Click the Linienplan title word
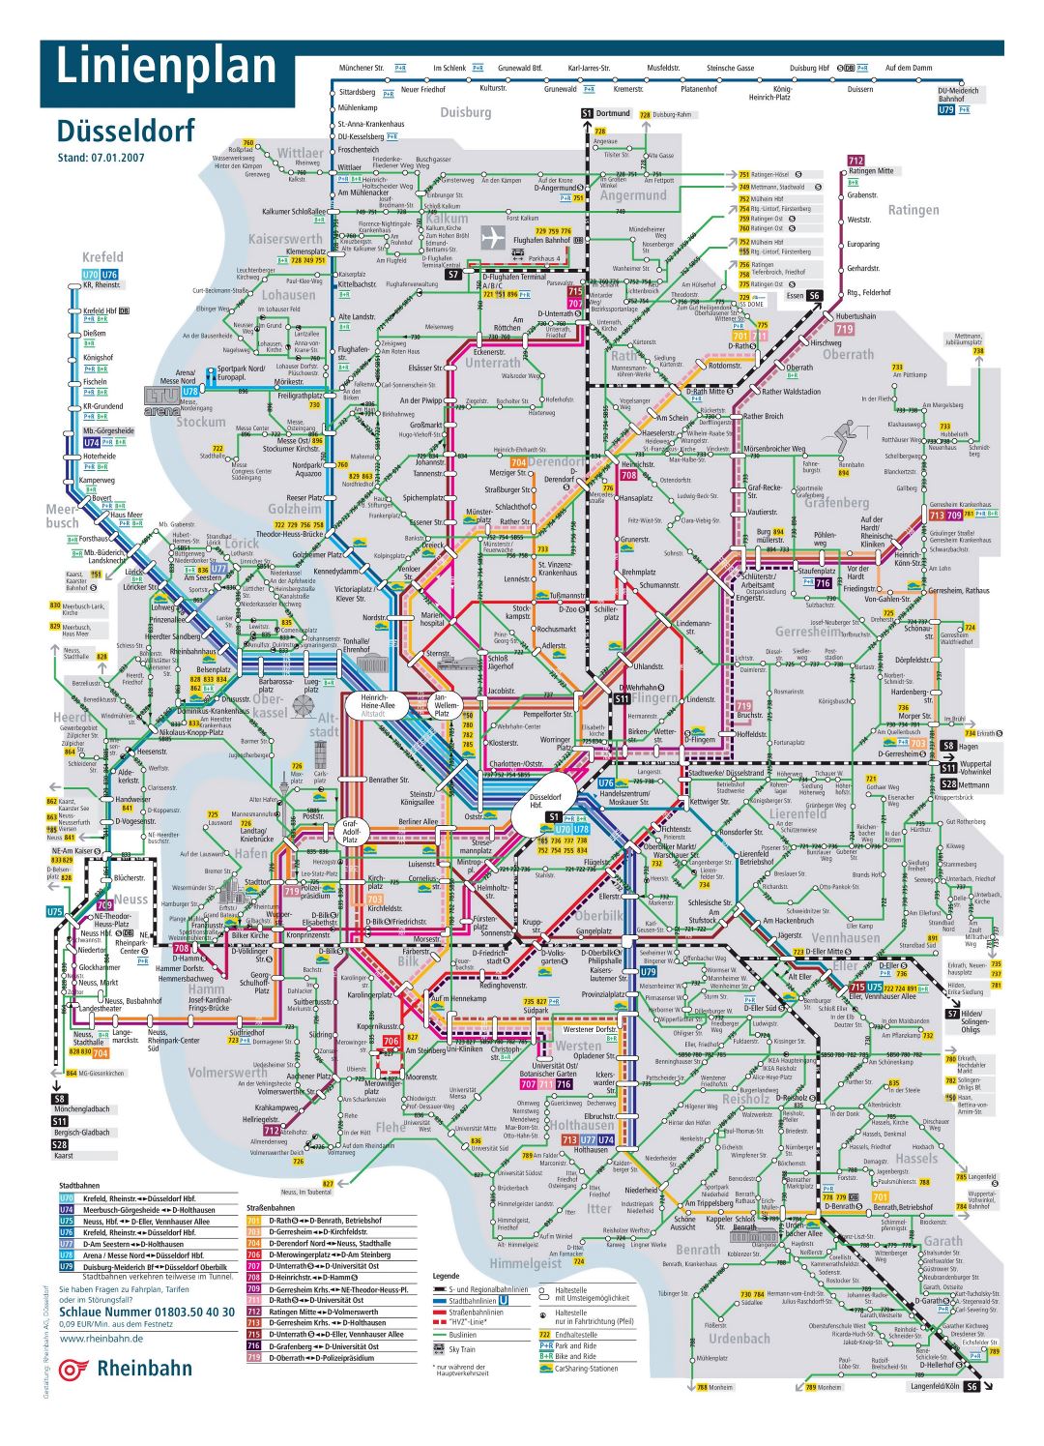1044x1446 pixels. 166,68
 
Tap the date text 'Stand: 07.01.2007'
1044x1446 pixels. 101,158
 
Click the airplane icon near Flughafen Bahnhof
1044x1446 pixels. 493,237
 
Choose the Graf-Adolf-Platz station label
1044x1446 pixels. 351,832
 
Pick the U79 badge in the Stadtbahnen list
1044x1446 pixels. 67,1266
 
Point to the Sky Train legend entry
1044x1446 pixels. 461,1349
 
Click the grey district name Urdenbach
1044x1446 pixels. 739,1339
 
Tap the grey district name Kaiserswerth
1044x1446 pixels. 285,239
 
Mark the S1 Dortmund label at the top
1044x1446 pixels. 606,113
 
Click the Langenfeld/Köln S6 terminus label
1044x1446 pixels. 943,1386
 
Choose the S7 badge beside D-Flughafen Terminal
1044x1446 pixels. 452,275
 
